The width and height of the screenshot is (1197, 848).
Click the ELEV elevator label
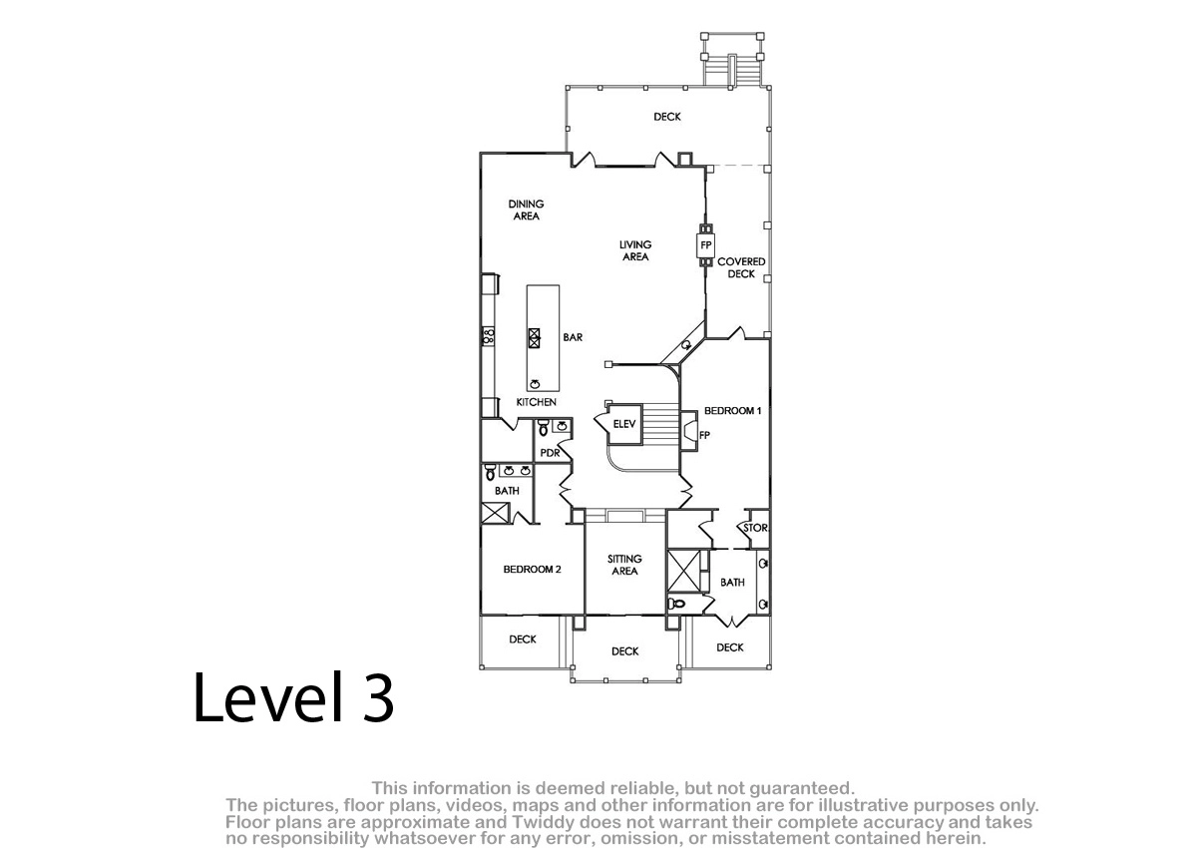[624, 424]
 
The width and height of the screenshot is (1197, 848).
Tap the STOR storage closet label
[755, 528]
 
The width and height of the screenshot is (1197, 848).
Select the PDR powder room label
[550, 453]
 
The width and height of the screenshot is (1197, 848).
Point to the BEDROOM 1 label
[732, 410]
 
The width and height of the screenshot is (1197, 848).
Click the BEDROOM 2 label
[533, 569]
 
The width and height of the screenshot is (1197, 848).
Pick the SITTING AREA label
[624, 565]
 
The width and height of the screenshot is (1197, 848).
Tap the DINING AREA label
[527, 210]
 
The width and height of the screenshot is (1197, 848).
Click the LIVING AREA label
[635, 250]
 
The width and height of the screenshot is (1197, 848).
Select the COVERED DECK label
[741, 267]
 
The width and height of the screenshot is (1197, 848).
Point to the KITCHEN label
[536, 402]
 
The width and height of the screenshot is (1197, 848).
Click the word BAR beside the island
[573, 337]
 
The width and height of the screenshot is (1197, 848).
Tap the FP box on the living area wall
[706, 245]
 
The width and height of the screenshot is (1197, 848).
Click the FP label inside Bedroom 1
[704, 436]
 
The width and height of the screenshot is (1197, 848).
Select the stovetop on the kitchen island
[534, 338]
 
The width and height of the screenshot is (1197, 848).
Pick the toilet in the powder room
[544, 427]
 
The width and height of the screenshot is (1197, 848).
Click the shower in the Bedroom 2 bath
[496, 513]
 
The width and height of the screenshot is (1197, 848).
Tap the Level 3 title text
[293, 697]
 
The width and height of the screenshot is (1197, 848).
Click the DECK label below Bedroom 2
[523, 639]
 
